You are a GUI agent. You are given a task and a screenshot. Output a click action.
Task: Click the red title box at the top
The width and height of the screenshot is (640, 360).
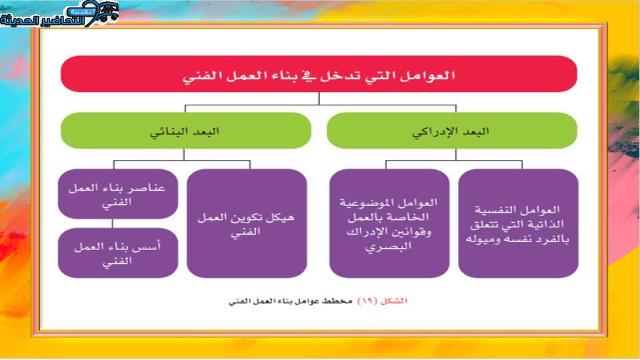pos(319,74)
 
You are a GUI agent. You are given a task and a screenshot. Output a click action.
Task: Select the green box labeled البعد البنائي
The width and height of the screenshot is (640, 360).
pos(186,131)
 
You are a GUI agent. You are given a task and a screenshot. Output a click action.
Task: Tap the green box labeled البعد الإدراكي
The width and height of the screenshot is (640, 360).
pos(452,131)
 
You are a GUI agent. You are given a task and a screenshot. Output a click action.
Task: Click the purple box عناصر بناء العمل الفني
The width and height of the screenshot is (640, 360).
pos(118,194)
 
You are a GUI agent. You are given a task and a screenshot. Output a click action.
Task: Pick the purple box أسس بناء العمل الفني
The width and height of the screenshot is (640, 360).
pos(118,253)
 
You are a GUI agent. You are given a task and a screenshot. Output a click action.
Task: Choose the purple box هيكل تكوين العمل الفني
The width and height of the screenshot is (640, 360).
pos(247,224)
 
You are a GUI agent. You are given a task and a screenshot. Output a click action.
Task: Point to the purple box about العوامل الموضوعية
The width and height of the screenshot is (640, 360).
pos(389,224)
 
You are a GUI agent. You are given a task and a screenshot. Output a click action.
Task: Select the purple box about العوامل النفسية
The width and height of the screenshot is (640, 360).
pos(519,224)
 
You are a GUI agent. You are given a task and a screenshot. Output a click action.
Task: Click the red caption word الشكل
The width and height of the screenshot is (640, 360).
pos(394,301)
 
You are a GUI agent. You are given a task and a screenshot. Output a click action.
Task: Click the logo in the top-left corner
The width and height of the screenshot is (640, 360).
pos(59,14)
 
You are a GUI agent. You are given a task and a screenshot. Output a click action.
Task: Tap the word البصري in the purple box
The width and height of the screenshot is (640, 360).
pos(388,247)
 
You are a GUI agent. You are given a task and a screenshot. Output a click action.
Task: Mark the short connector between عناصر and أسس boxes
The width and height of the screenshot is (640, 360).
pos(112,224)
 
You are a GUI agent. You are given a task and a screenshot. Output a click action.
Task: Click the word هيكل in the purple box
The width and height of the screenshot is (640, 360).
pos(280,217)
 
